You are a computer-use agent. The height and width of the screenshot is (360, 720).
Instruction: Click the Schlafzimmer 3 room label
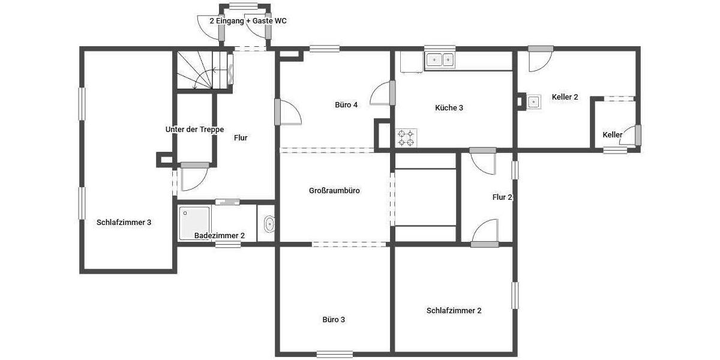124,222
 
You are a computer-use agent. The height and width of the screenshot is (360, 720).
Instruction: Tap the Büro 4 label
346,105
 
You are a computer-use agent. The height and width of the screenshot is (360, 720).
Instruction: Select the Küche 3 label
449,108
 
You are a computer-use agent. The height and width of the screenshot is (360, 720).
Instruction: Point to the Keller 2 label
565,97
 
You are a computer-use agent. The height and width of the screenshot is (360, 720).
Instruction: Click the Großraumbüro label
334,191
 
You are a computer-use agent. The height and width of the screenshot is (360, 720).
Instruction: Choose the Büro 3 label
334,320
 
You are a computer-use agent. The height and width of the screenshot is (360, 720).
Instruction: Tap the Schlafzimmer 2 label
454,311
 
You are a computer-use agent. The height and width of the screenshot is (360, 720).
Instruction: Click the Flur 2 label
502,197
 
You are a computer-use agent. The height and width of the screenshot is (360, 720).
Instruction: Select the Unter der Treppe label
194,130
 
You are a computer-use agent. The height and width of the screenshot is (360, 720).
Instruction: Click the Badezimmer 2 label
219,236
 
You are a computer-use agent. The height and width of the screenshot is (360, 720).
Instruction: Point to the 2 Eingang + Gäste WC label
248,20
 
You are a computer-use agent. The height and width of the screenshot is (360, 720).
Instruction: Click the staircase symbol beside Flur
204,71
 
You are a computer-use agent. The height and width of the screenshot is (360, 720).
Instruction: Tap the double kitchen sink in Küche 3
440,60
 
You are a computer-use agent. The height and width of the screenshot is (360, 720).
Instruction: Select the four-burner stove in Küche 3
406,138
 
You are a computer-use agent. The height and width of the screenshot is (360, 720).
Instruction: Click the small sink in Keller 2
533,102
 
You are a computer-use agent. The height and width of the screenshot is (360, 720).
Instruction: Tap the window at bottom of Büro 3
334,353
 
